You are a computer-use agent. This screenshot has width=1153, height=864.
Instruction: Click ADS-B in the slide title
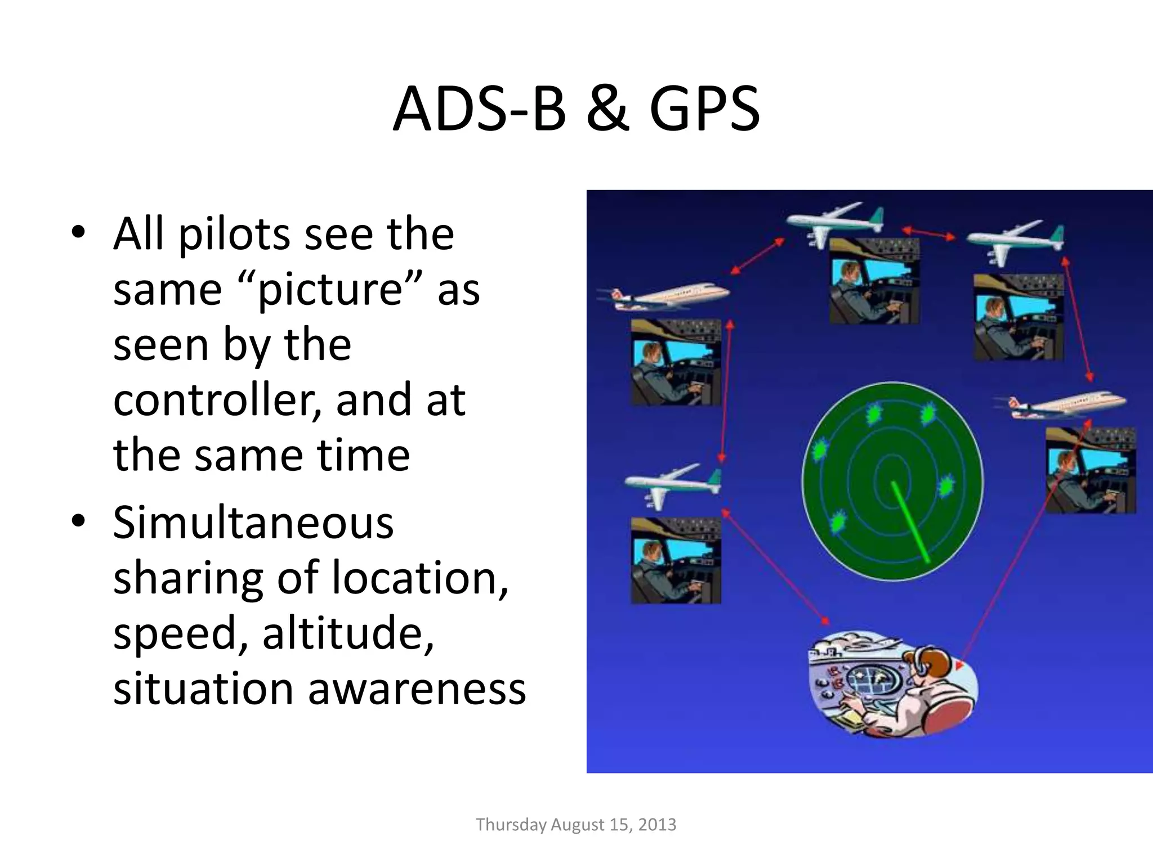(479, 109)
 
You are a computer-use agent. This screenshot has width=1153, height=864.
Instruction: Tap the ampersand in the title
(607, 109)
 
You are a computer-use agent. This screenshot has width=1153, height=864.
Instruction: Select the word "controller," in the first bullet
(217, 400)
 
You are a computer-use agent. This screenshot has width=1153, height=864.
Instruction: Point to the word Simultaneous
(253, 523)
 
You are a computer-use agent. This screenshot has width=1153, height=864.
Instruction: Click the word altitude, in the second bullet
(348, 633)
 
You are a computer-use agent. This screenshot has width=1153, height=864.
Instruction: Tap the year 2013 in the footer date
(657, 825)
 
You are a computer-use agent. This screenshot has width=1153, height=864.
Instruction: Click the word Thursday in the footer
(511, 825)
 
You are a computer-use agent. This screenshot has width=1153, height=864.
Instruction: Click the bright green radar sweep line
(909, 521)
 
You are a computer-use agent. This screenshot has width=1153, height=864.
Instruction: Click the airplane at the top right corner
(1016, 240)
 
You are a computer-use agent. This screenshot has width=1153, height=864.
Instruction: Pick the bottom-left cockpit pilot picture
(676, 560)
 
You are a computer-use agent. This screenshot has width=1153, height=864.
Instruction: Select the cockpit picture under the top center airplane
(874, 281)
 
